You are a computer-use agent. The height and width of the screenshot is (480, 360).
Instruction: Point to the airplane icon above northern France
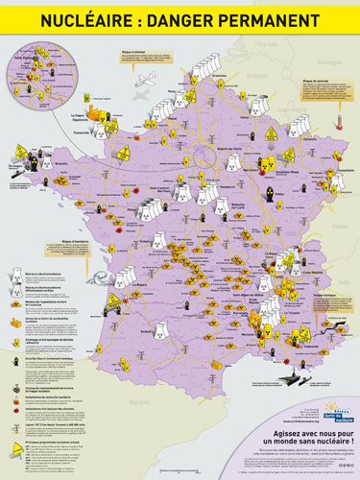tap(146, 82)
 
